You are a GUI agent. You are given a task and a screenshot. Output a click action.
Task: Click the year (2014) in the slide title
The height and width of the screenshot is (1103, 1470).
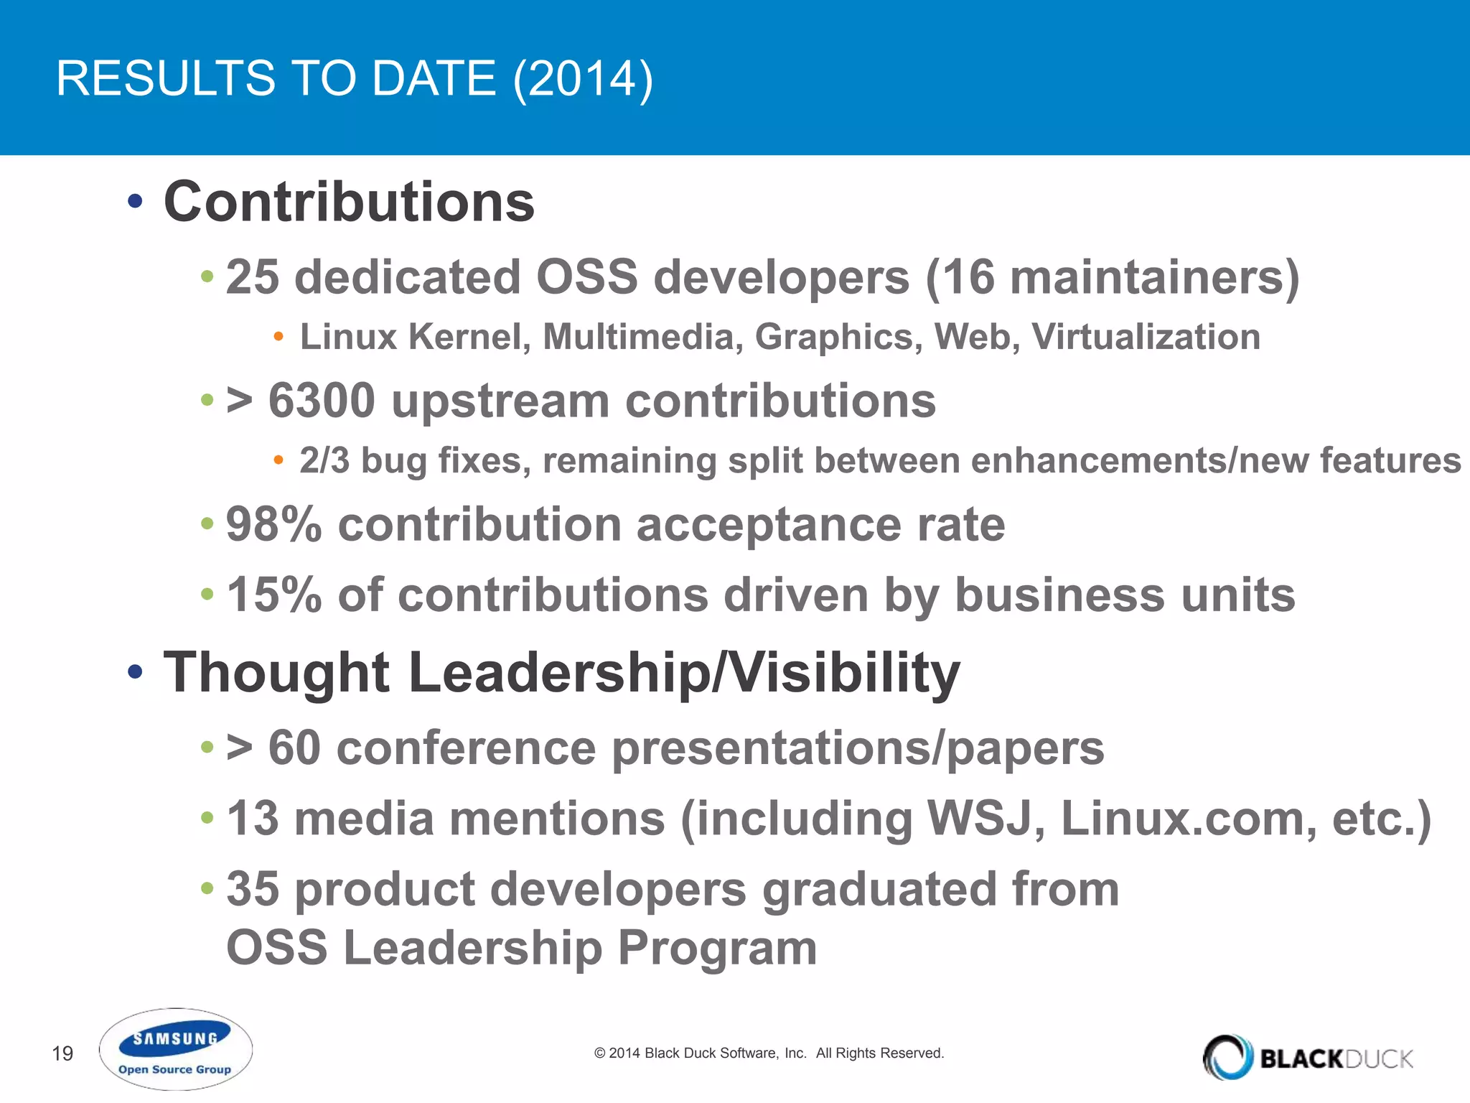click(x=583, y=78)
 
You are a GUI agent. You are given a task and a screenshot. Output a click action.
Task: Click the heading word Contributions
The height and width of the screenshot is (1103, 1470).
click(x=349, y=202)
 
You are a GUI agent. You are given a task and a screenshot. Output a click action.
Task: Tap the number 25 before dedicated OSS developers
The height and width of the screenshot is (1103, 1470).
click(x=252, y=277)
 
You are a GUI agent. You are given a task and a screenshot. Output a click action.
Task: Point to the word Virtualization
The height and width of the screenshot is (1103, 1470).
click(x=1146, y=337)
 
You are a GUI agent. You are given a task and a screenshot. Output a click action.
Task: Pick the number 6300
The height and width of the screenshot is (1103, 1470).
click(x=321, y=401)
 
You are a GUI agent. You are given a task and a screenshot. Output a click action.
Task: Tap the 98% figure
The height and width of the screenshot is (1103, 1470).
click(x=273, y=524)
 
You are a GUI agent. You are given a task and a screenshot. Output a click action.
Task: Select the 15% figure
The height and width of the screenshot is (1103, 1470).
click(x=273, y=595)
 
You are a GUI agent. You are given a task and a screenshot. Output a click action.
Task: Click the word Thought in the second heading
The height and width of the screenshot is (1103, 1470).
click(x=276, y=673)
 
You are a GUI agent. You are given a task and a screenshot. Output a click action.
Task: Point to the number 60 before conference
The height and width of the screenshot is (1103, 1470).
click(x=294, y=748)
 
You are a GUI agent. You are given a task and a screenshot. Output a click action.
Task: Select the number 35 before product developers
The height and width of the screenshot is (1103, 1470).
click(x=252, y=889)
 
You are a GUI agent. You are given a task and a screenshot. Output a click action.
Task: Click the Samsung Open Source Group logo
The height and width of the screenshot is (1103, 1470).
click(x=175, y=1050)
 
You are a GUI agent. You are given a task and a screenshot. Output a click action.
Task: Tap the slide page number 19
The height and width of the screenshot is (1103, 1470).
click(x=62, y=1053)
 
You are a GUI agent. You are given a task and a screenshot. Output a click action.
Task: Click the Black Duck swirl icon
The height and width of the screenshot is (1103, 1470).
click(x=1227, y=1057)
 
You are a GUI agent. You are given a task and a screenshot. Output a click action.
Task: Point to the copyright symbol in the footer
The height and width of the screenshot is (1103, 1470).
click(x=600, y=1053)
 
